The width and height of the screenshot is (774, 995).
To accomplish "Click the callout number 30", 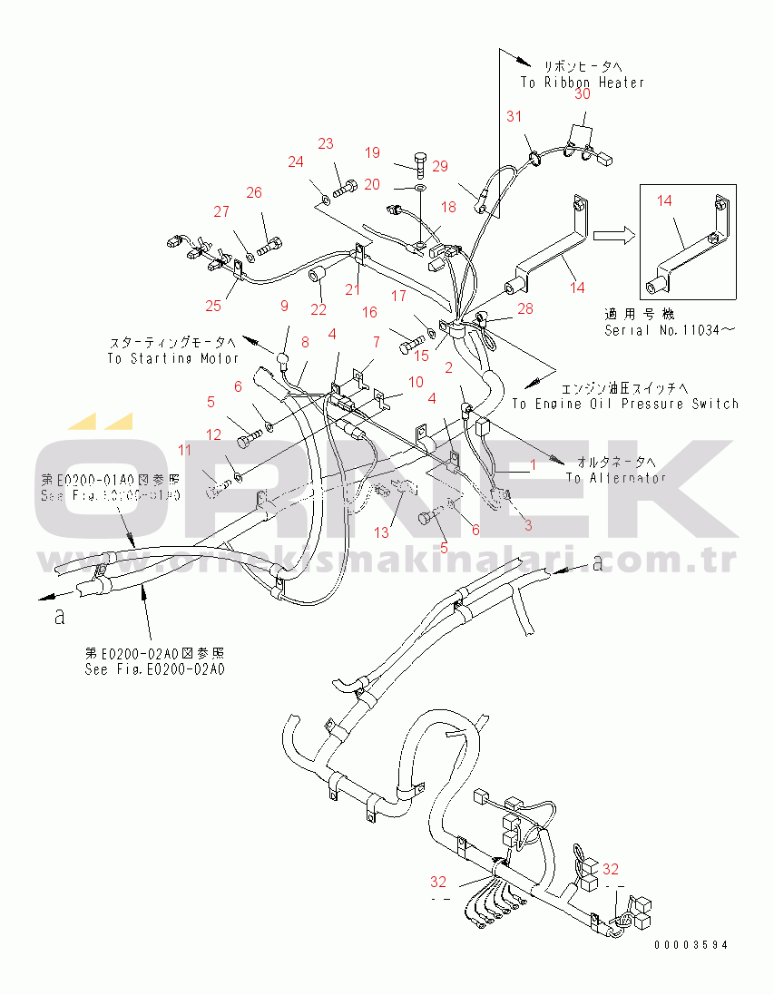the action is pyautogui.click(x=582, y=93).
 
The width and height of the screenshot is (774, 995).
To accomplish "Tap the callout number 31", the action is pyautogui.click(x=514, y=116).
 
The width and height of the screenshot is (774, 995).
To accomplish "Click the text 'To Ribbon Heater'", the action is pyautogui.click(x=582, y=83).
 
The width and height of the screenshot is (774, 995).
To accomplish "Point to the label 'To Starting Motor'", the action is pyautogui.click(x=173, y=358).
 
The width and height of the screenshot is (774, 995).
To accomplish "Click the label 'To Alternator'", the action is pyautogui.click(x=615, y=478).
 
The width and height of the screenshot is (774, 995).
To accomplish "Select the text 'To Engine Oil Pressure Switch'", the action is pyautogui.click(x=625, y=404).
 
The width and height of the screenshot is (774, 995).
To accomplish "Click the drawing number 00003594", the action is pyautogui.click(x=691, y=945).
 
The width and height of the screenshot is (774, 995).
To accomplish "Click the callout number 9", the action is pyautogui.click(x=283, y=306).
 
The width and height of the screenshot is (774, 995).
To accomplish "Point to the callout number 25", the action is pyautogui.click(x=213, y=305).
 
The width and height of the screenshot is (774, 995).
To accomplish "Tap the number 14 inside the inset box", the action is pyautogui.click(x=664, y=200).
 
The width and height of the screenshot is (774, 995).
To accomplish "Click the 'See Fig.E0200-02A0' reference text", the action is pyautogui.click(x=154, y=669).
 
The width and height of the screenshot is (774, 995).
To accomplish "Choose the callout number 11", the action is pyautogui.click(x=185, y=450).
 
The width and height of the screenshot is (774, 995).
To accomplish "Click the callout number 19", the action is pyautogui.click(x=373, y=151).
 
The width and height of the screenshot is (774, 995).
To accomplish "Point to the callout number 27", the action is pyautogui.click(x=221, y=212).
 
